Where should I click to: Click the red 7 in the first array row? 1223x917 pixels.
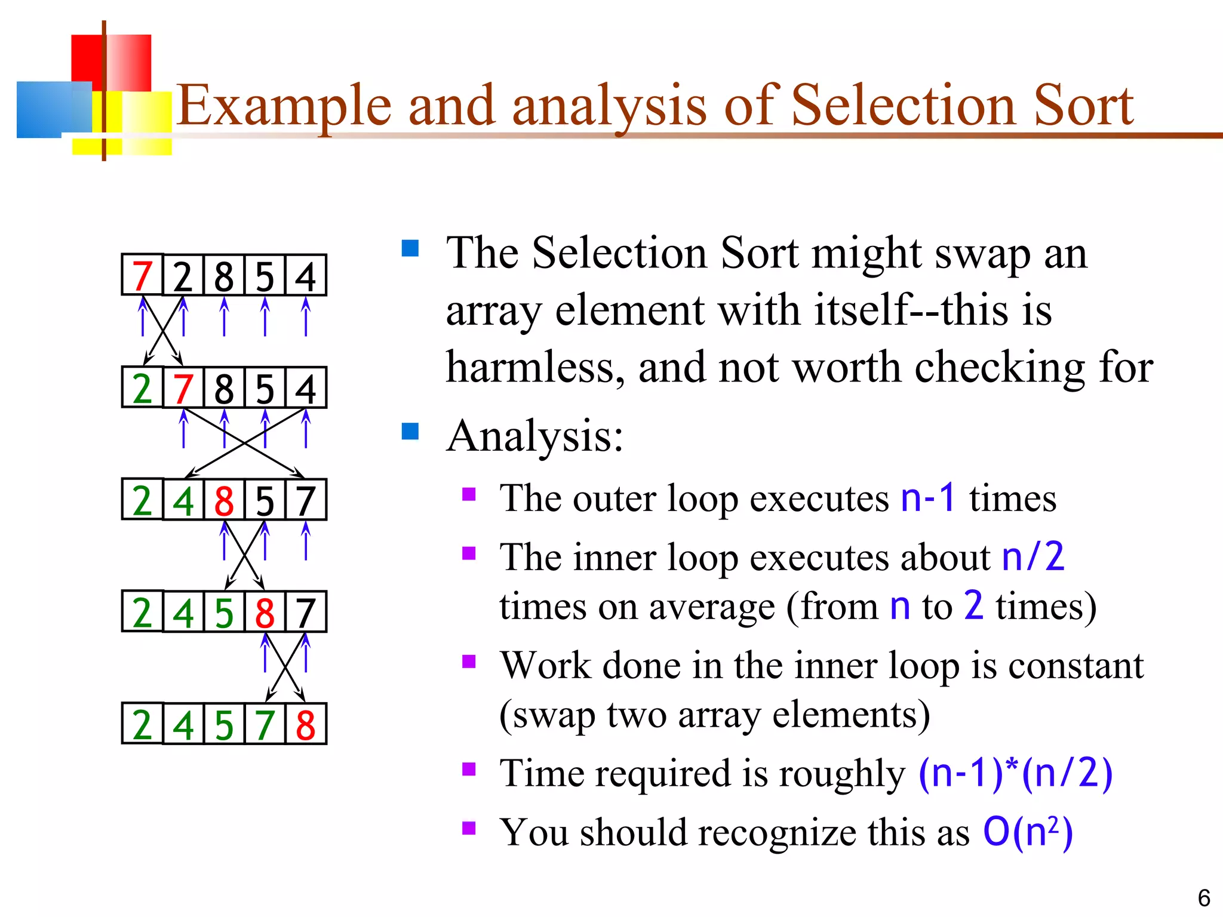pos(142,276)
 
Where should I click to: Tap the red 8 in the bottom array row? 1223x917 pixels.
pos(305,724)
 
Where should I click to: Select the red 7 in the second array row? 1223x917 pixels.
pos(183,388)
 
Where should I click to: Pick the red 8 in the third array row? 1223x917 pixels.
pos(224,500)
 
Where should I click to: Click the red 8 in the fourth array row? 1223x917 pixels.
pos(265,613)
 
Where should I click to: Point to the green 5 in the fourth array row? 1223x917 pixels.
pos(224,613)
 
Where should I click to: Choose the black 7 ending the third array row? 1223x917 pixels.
pos(305,500)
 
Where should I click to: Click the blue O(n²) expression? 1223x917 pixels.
pos(1028,831)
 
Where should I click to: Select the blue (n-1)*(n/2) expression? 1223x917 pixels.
pos(1015,773)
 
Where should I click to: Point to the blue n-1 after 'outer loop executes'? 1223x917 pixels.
pos(928,497)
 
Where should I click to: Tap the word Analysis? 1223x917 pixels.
pos(534,436)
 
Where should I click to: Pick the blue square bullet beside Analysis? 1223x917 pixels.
pos(410,431)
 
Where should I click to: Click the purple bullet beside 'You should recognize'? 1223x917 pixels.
pos(469,828)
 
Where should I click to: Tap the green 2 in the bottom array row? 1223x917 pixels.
pos(142,724)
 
